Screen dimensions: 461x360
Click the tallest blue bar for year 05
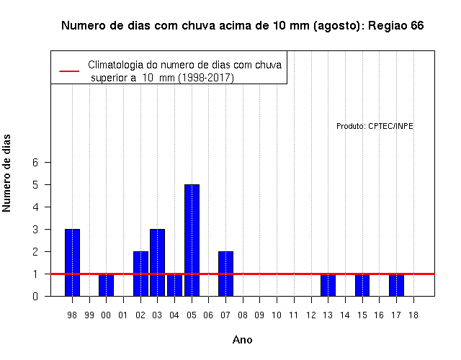coord(192,240)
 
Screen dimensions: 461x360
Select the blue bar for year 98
coord(72,262)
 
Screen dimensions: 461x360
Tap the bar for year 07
coord(225,274)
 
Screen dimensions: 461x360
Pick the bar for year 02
coord(140,274)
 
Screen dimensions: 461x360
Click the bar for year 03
coord(157,262)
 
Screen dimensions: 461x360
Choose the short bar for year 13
coord(328,285)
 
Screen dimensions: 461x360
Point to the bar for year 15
coord(362,285)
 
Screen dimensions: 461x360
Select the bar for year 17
coord(396,285)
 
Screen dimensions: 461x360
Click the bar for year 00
coord(106,285)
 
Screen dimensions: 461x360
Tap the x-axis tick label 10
coord(277,315)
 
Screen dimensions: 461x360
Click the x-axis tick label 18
coord(413,315)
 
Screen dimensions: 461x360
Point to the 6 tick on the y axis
coord(35,162)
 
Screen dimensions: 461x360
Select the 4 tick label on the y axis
coord(35,207)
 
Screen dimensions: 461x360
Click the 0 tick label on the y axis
coord(35,296)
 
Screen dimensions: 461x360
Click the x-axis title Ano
coord(242,340)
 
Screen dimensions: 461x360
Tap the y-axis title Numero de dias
coord(6,173)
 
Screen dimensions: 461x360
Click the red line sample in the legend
coord(69,71)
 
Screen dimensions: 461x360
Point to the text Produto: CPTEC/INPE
coord(375,126)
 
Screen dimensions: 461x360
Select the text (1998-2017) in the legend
coord(206,78)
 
